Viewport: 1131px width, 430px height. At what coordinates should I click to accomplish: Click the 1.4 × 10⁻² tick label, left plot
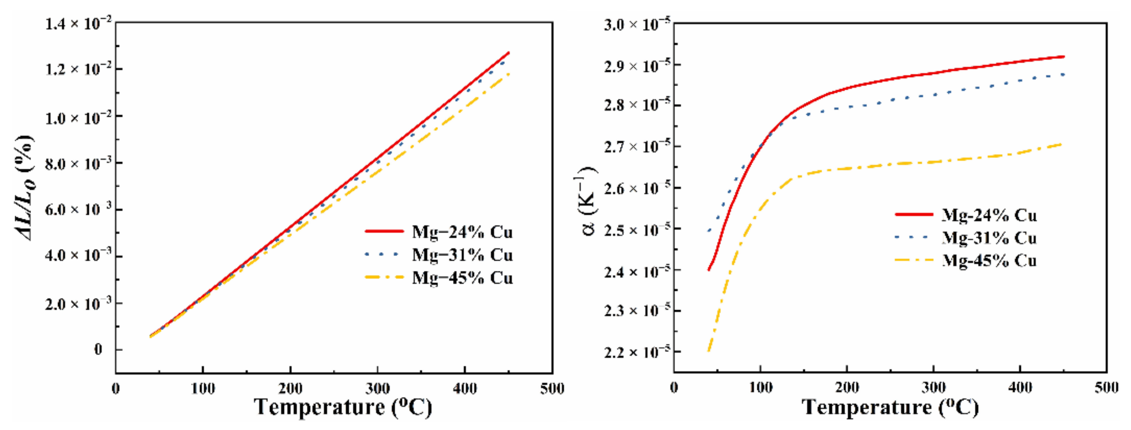(79, 23)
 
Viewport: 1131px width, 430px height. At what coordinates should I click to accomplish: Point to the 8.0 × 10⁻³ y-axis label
(79, 163)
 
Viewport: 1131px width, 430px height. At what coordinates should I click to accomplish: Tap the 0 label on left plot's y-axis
(98, 350)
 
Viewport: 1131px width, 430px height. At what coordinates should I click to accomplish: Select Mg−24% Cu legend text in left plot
(462, 232)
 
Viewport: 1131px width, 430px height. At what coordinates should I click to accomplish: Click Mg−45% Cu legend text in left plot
(462, 278)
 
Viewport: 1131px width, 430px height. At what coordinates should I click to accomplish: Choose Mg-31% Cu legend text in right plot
(989, 238)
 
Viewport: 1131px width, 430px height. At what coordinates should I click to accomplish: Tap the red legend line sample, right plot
(914, 215)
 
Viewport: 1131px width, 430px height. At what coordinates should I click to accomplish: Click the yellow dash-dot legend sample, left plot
(384, 277)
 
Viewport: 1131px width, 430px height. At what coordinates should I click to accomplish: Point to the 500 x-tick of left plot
(552, 389)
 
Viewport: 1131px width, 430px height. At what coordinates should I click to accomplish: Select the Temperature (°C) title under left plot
(343, 407)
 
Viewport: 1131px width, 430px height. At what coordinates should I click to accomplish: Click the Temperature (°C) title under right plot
(890, 407)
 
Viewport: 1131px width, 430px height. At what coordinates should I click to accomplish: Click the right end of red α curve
(1063, 69)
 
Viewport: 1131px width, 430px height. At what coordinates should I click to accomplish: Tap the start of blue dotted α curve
(709, 231)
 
